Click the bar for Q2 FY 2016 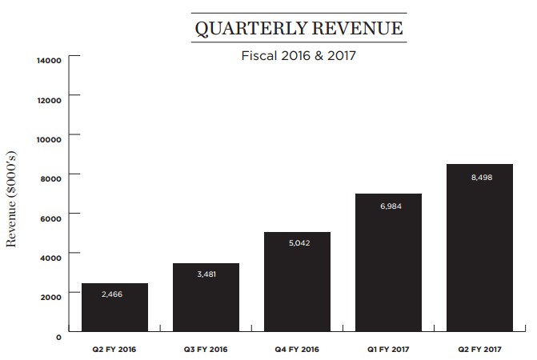[114, 308]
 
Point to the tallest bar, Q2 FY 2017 [480, 248]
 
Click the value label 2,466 [114, 294]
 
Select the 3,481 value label [205, 274]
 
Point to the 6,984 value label [388, 206]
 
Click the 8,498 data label [480, 176]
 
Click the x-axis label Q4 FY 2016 [297, 349]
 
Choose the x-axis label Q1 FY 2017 [388, 349]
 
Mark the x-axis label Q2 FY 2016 [114, 349]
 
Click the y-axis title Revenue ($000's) [13, 197]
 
